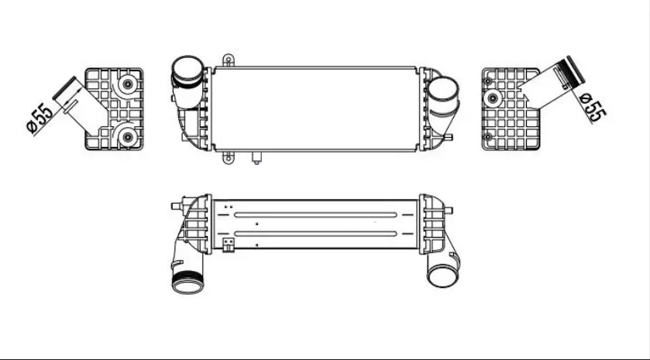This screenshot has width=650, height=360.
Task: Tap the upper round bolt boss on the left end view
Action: click(125, 85)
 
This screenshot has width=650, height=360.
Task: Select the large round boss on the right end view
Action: click(492, 98)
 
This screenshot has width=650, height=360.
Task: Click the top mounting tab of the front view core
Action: click(227, 60)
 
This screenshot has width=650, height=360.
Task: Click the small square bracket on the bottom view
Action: click(229, 246)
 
